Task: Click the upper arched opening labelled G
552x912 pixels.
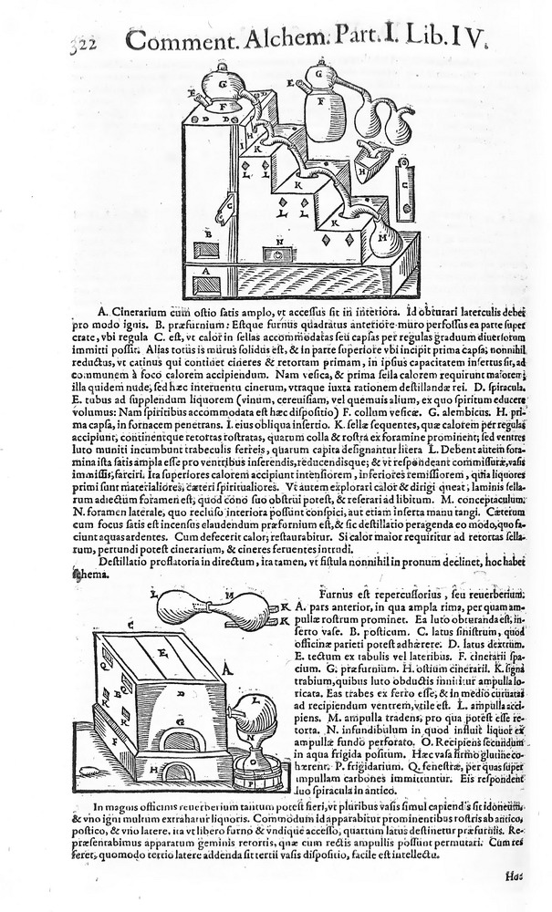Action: [179, 740]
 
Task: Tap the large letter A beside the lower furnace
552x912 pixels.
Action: [224, 674]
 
